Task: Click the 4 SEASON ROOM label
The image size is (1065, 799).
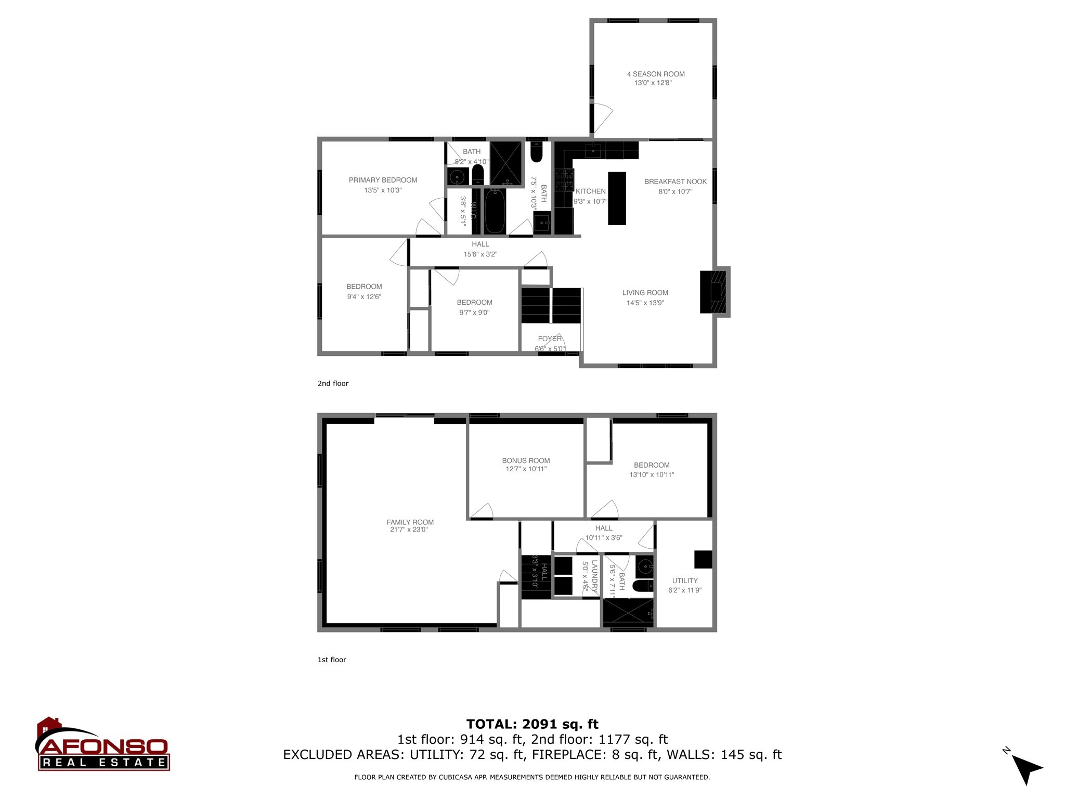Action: (655, 74)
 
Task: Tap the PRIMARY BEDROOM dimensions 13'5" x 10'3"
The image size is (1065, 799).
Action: (383, 190)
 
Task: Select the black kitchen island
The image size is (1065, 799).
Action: (617, 198)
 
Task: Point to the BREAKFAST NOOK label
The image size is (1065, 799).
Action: (675, 182)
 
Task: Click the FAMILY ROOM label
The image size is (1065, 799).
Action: (410, 522)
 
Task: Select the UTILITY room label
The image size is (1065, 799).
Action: (684, 581)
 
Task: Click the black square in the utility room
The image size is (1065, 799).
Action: (703, 559)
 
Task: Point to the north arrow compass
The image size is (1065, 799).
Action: (1024, 769)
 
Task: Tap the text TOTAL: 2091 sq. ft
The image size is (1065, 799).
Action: (532, 724)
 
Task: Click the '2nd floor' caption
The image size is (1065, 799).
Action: (333, 383)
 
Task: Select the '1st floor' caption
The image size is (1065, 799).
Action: (332, 660)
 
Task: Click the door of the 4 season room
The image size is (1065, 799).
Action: (602, 118)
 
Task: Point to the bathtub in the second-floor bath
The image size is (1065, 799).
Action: (495, 211)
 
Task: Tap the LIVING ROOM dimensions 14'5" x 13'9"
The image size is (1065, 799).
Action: (645, 303)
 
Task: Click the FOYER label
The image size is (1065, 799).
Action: (549, 339)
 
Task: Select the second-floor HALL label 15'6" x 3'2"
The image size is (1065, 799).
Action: (480, 249)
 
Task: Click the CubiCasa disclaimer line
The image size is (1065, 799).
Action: (532, 777)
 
